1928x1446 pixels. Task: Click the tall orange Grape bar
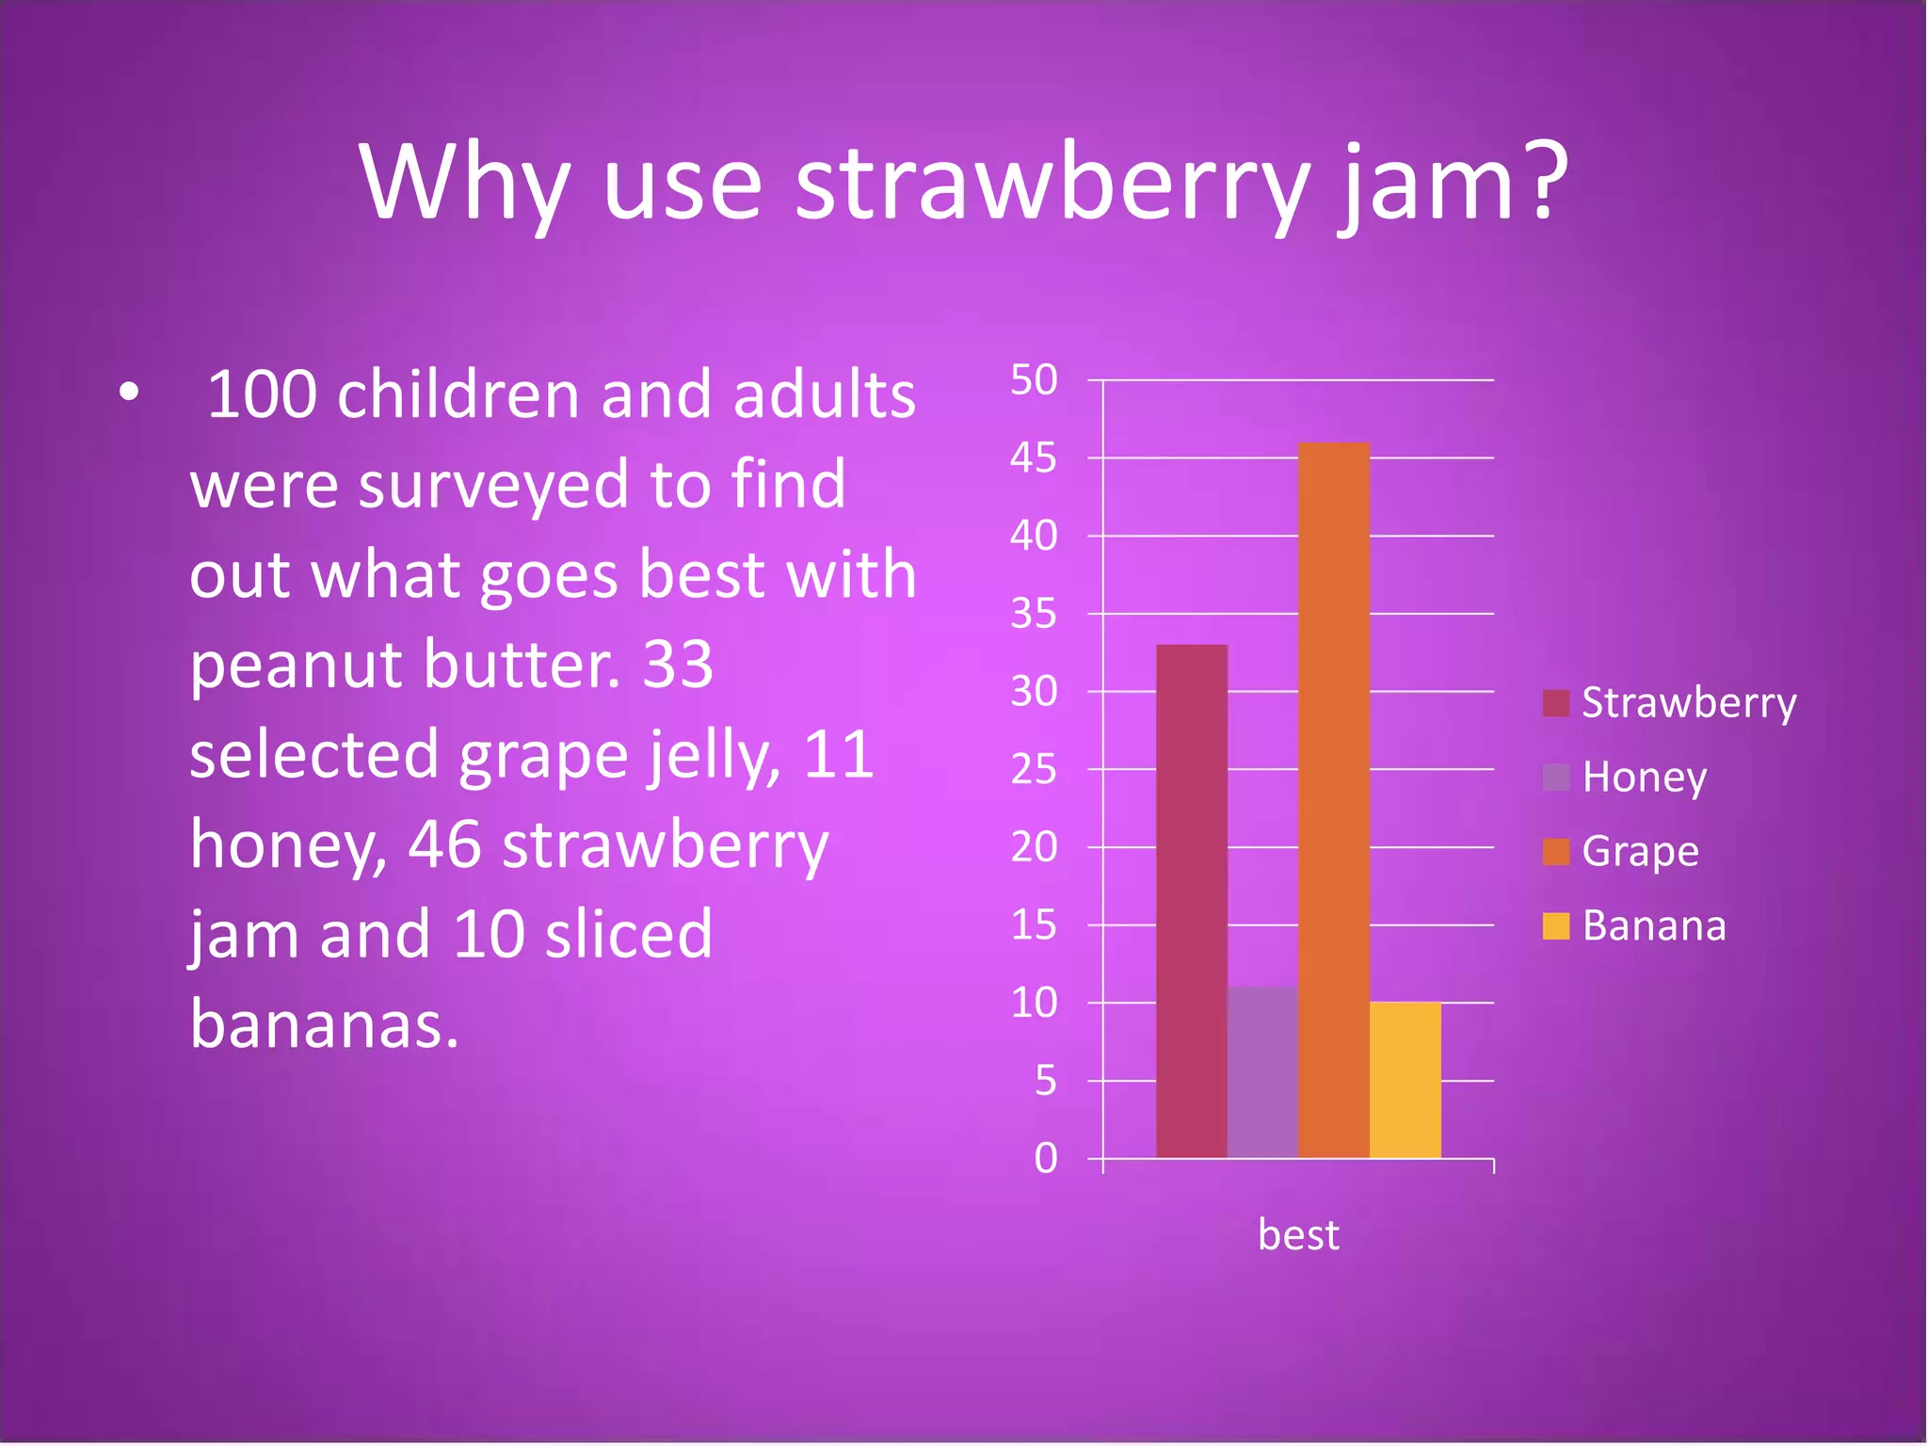(1333, 800)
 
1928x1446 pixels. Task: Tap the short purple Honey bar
(1262, 1072)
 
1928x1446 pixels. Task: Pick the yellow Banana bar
(1405, 1080)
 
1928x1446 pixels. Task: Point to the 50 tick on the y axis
(1034, 380)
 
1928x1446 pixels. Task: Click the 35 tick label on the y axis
(1034, 614)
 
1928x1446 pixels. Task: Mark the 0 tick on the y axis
(1045, 1158)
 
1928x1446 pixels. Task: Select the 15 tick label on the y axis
(1034, 925)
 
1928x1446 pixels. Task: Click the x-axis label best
(1297, 1234)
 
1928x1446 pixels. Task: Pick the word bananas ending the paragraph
(323, 1024)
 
